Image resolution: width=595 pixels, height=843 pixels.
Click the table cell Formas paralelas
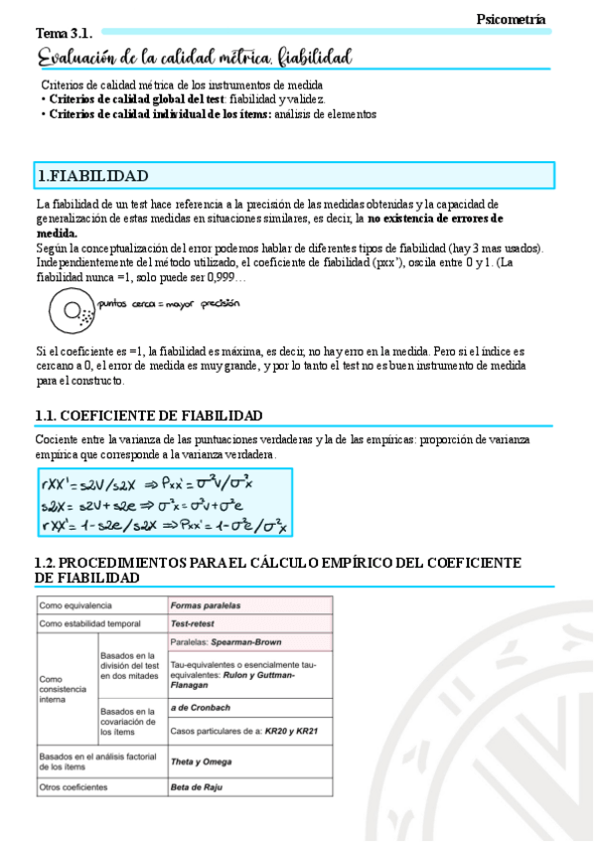click(206, 604)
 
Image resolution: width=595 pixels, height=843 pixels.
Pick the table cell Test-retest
click(195, 623)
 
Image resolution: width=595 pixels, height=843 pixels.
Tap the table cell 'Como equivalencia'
click(75, 604)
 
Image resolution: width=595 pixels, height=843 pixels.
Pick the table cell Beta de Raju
click(197, 787)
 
